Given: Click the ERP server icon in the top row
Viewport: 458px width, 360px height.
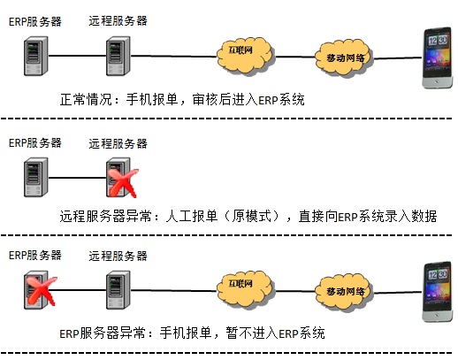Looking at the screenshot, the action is [x=36, y=56].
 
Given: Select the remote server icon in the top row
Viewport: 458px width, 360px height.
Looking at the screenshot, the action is [x=118, y=56].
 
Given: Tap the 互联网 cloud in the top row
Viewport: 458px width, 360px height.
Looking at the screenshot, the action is [x=244, y=56].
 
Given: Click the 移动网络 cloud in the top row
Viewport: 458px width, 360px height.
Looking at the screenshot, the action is [x=344, y=58].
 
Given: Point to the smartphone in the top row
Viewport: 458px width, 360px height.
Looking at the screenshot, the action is [x=438, y=57].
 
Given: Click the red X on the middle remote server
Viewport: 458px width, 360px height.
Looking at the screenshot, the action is [x=123, y=183].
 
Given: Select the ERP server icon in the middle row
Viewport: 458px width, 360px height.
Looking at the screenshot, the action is [x=36, y=177].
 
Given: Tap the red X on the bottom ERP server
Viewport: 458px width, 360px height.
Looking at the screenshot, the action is [x=41, y=291].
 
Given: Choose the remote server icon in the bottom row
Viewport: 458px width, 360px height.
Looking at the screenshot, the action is [x=118, y=290].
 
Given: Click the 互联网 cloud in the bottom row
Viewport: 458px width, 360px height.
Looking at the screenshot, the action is [x=244, y=289].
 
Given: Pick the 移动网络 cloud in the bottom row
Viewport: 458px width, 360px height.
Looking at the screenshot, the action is [x=344, y=292].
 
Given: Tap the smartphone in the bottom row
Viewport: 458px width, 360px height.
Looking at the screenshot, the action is [x=438, y=291].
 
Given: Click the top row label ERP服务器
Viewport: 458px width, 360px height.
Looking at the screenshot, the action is [x=35, y=22].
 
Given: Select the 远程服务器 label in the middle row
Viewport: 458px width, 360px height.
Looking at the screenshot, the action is [x=118, y=143].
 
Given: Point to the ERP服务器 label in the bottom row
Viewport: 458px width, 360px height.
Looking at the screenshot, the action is [x=35, y=256].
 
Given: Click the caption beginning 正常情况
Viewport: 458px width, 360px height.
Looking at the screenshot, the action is [x=182, y=100].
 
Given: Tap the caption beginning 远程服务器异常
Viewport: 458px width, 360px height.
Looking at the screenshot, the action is [x=248, y=216].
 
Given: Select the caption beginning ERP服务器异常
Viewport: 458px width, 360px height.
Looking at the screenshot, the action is [x=192, y=333].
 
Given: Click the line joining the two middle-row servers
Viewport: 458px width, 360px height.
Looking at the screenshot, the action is [x=77, y=178].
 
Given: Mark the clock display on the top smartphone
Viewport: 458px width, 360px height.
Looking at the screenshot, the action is [x=438, y=40].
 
